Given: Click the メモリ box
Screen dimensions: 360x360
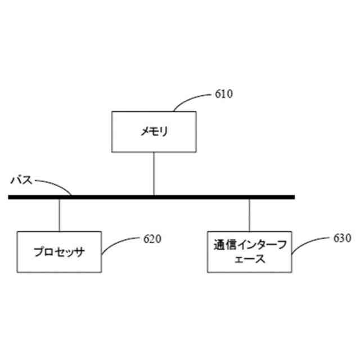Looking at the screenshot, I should click(154, 132).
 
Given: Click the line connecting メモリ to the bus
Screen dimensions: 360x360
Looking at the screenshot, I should click(154, 173).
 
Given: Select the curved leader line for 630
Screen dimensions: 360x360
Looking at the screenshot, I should click(309, 245).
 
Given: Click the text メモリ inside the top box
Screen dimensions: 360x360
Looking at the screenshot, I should click(154, 132).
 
